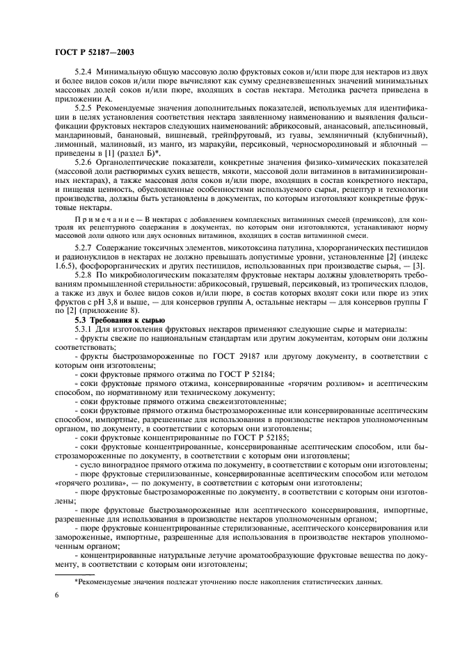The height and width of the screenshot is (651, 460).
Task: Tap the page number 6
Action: [x=55, y=595]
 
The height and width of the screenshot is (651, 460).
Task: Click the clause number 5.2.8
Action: [x=84, y=275]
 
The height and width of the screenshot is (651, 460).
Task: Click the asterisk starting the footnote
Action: [x=77, y=581]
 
